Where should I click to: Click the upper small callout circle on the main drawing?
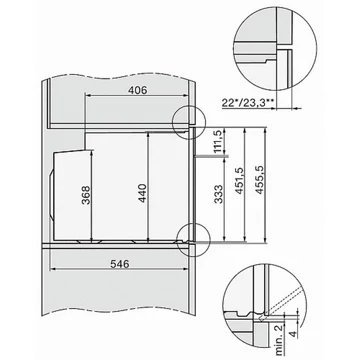point(187,119)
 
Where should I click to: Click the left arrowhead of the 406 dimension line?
point(84,99)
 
